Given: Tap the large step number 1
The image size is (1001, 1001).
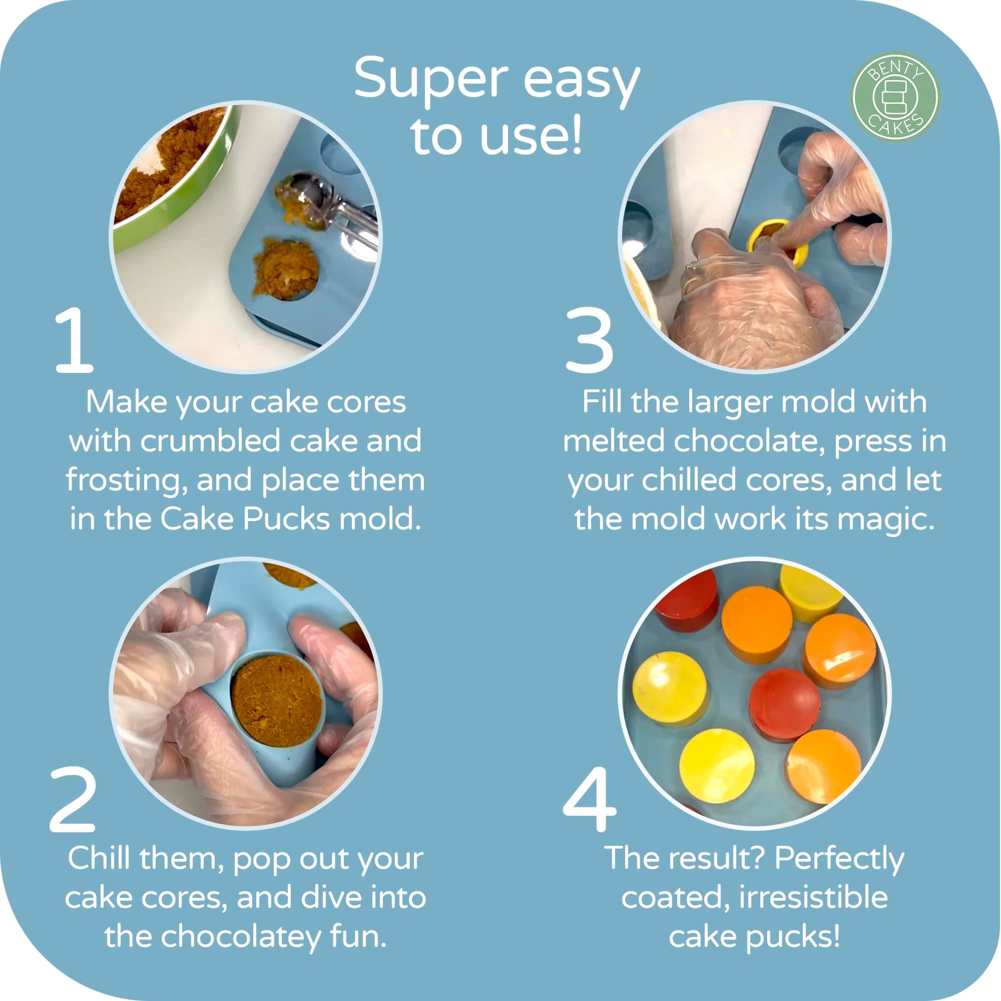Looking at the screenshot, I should click(x=74, y=340).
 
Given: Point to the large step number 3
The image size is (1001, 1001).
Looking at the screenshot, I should click(x=590, y=340).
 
